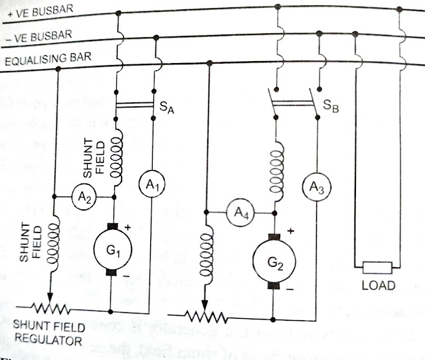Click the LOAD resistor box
pyautogui.click(x=379, y=268)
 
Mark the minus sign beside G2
pyautogui.click(x=289, y=290)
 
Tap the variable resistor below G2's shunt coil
pyautogui.click(x=205, y=315)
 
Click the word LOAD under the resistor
pyautogui.click(x=379, y=286)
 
